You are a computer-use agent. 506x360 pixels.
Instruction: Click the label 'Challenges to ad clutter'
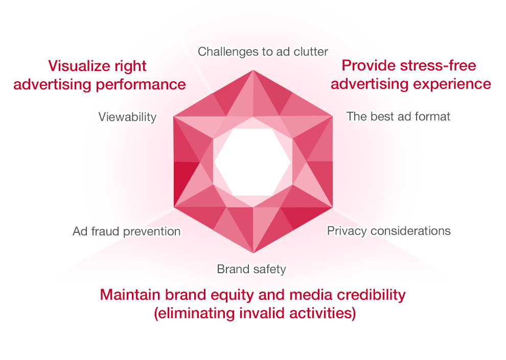pyautogui.click(x=263, y=51)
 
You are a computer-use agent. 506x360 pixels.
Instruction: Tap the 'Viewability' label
pyautogui.click(x=127, y=117)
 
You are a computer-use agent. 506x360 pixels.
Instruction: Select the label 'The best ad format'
pyautogui.click(x=398, y=116)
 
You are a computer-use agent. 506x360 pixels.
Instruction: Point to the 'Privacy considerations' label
pyautogui.click(x=388, y=231)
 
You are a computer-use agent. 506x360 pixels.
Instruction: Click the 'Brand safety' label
pyautogui.click(x=251, y=269)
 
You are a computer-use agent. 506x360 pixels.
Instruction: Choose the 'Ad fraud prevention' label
pyautogui.click(x=127, y=231)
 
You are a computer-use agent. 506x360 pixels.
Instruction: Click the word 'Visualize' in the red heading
pyautogui.click(x=78, y=66)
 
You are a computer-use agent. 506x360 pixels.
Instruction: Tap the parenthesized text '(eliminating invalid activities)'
pyautogui.click(x=255, y=313)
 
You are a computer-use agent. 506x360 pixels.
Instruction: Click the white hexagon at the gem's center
pyautogui.click(x=253, y=161)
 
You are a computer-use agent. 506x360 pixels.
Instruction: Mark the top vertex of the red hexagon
pyautogui.click(x=253, y=70)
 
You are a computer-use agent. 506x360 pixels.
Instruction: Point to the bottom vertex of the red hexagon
pyautogui.click(x=253, y=253)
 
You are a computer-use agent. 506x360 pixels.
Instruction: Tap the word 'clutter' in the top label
pyautogui.click(x=310, y=51)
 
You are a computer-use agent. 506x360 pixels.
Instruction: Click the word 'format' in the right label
pyautogui.click(x=433, y=116)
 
